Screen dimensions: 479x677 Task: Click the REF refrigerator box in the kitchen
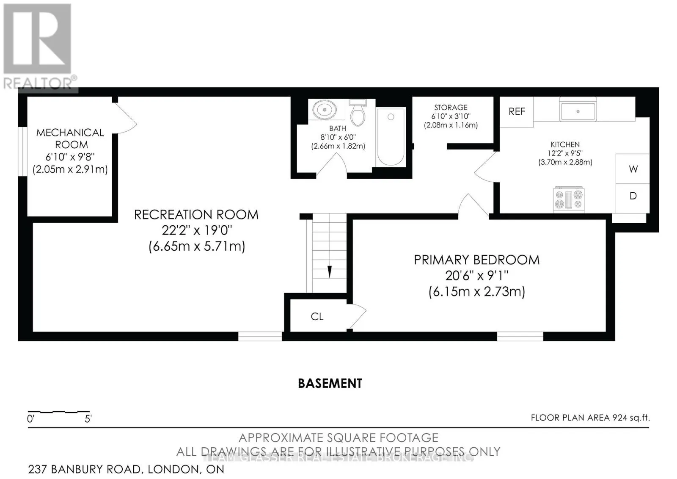[517, 112]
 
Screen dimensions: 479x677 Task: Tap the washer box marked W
[633, 169]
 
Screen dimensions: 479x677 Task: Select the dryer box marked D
[633, 196]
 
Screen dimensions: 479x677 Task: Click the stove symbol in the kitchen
[569, 199]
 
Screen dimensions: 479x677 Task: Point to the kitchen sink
[578, 111]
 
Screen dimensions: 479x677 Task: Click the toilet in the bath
[358, 114]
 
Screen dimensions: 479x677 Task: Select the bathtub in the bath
[390, 136]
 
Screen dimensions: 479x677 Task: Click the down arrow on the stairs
[330, 271]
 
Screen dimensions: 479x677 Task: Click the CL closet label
[317, 317]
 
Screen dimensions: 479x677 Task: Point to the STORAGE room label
[451, 108]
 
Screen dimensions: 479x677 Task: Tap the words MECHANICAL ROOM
[70, 138]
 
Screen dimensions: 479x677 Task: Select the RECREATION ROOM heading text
[196, 215]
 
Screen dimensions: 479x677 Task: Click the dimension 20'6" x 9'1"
[476, 276]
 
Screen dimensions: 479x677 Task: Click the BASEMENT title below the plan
[330, 384]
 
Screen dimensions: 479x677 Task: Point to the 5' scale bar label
[88, 419]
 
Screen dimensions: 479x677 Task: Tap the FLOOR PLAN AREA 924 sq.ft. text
[590, 418]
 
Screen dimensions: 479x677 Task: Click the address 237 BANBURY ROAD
[85, 469]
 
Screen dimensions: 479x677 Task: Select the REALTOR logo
[38, 47]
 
